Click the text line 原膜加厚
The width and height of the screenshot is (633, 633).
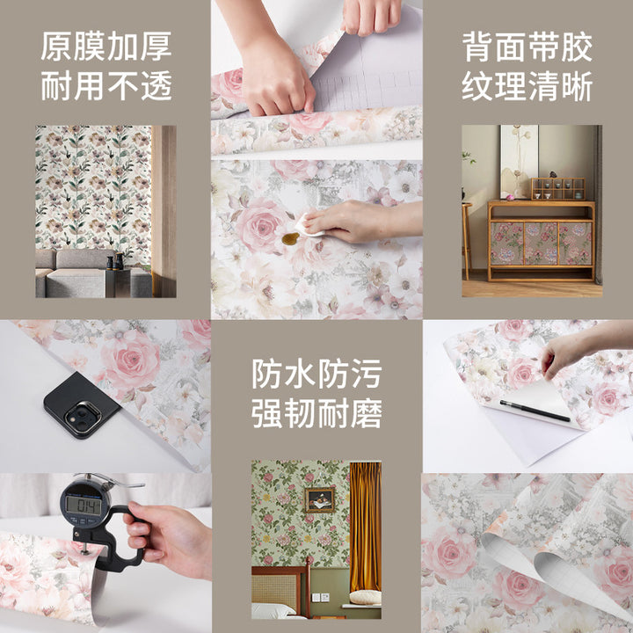click(106, 47)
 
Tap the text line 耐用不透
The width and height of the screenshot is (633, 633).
click(106, 86)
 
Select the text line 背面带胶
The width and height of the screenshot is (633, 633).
click(527, 47)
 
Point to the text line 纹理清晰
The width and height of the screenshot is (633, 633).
click(527, 86)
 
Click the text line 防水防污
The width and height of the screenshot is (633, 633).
click(316, 374)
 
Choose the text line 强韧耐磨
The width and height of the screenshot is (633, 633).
click(316, 413)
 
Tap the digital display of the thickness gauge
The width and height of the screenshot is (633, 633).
click(84, 506)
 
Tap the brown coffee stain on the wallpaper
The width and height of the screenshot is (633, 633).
click(291, 239)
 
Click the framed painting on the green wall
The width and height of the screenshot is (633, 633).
click(319, 500)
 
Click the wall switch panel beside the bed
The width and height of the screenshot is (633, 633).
click(320, 597)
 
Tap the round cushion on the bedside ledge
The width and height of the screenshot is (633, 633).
click(365, 598)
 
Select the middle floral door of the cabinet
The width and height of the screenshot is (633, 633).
click(541, 244)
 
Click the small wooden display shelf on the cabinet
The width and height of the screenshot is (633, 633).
click(558, 189)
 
